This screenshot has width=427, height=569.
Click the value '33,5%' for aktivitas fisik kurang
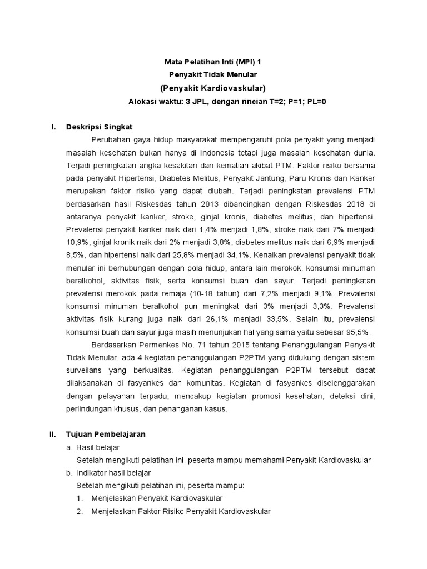point(275,319)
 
